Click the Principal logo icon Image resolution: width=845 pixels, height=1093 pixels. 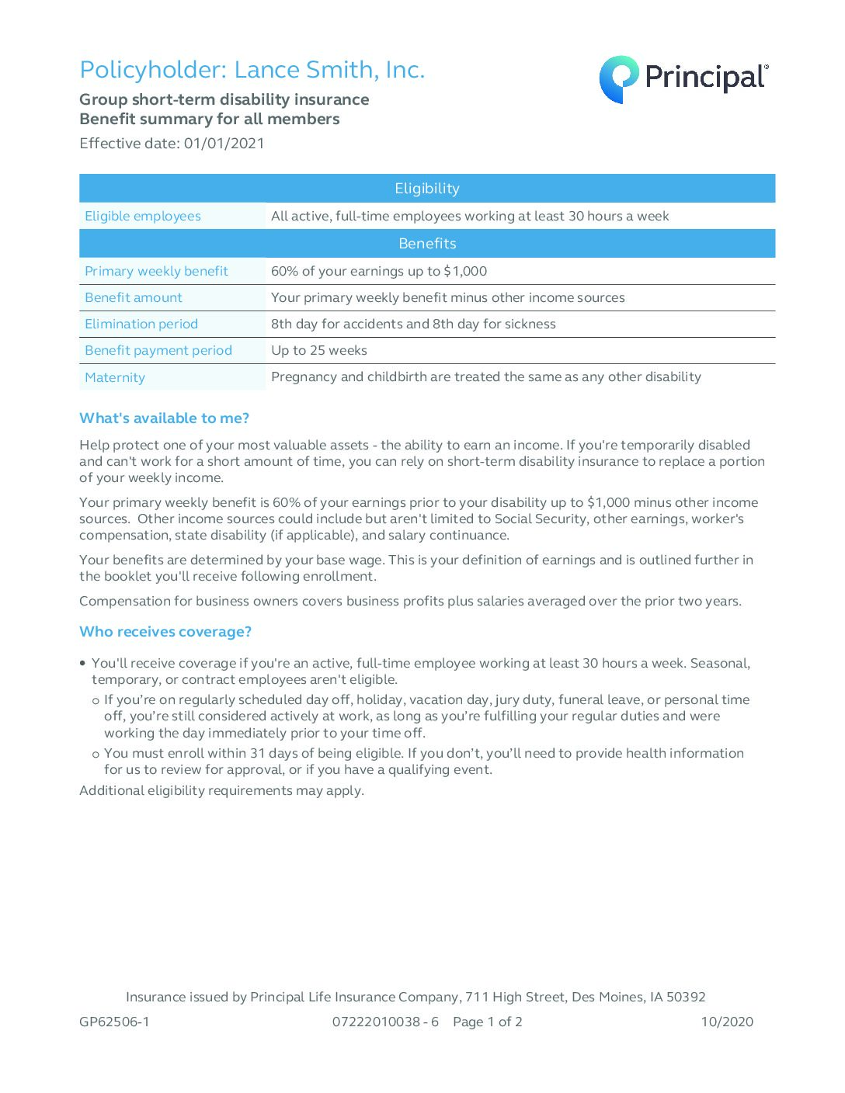click(x=618, y=79)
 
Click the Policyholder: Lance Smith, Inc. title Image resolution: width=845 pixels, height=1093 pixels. click(x=252, y=70)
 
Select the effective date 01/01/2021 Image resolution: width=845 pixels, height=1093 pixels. click(x=224, y=144)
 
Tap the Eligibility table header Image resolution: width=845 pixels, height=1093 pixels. click(x=426, y=189)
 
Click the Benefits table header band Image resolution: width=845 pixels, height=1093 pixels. click(x=426, y=244)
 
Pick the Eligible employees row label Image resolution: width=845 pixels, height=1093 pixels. click(x=143, y=217)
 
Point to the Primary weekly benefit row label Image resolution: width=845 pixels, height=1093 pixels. click(x=156, y=272)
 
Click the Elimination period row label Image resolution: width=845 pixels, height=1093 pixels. click(x=141, y=324)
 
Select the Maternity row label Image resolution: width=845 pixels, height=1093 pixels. click(x=115, y=378)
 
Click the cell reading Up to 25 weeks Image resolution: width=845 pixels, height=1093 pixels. click(x=319, y=351)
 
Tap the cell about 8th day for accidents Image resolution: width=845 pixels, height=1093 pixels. click(x=413, y=324)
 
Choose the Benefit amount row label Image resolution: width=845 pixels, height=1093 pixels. click(x=134, y=298)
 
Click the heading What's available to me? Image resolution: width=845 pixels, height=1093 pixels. click(x=164, y=418)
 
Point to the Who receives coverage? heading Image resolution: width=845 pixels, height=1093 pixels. click(x=165, y=632)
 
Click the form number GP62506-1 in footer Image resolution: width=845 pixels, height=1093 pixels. click(x=114, y=1022)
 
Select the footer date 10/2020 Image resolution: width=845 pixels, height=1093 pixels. click(x=727, y=1022)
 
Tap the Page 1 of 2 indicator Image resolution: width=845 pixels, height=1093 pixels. click(x=488, y=1022)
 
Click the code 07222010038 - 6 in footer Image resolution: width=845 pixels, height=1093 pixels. click(x=385, y=1022)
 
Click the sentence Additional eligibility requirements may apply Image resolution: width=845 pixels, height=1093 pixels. click(x=221, y=791)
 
